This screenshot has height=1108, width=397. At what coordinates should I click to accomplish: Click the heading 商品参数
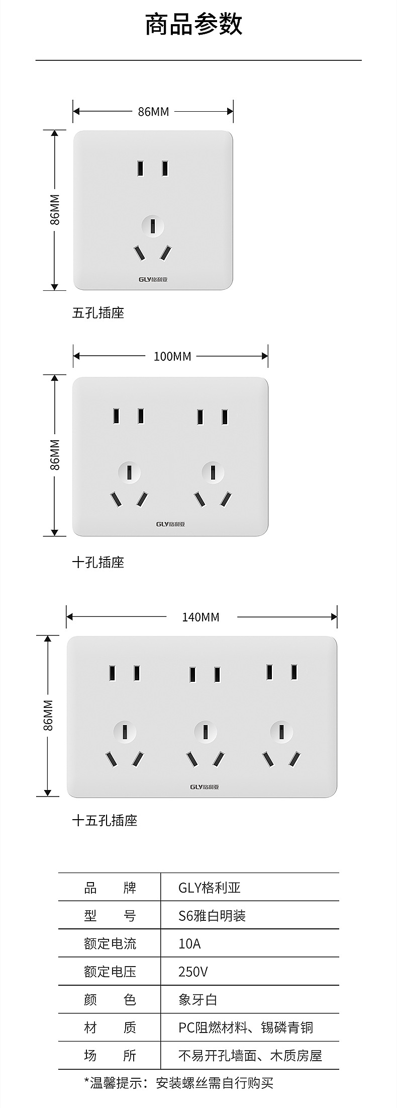194,25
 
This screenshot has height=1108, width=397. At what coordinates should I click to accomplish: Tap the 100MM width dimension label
172,356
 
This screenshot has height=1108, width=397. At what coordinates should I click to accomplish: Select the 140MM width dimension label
201,617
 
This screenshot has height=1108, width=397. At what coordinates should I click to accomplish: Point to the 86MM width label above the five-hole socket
153,112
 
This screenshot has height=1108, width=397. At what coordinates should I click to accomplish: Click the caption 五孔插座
98,313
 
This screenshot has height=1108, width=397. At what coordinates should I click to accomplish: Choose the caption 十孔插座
98,562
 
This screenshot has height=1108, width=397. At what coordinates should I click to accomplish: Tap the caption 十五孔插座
105,821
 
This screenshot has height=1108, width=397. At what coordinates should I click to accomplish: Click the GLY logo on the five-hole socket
153,279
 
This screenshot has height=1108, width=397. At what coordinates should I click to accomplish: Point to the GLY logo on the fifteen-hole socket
205,786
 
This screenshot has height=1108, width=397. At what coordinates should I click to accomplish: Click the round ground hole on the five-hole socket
153,226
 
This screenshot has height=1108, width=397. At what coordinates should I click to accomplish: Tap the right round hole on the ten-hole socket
213,472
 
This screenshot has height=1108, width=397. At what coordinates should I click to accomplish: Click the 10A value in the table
189,943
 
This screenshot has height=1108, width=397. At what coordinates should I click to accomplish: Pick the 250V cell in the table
193,972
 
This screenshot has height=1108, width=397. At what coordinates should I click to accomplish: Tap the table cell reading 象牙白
198,999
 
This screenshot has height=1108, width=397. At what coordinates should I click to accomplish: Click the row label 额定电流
110,943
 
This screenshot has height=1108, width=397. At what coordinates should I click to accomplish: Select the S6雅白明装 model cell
212,916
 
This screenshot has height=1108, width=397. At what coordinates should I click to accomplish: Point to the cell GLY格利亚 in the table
210,888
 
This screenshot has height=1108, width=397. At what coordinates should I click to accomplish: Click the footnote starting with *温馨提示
178,1083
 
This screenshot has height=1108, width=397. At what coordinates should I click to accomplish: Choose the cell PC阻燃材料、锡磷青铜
246,1027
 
